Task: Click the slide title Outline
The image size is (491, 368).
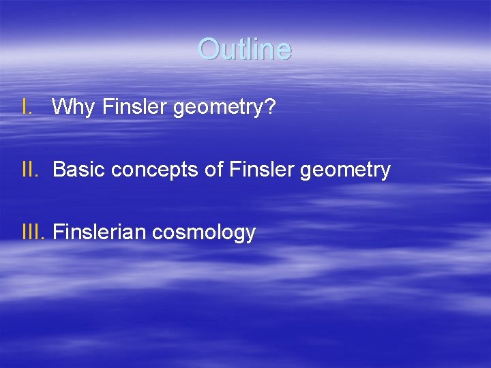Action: [x=245, y=49]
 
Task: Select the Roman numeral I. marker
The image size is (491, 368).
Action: [x=26, y=107]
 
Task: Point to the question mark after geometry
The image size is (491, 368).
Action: [x=270, y=106]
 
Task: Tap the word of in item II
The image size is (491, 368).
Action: [x=213, y=170]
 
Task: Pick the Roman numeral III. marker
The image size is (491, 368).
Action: [x=33, y=232]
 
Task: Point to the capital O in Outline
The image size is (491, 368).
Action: [x=207, y=49]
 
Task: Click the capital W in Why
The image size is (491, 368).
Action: [x=62, y=107]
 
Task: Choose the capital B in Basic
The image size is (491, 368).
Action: [x=58, y=170]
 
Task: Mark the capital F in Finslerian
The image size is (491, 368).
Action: [x=57, y=232]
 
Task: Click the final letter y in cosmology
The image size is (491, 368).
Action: [x=251, y=235]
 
